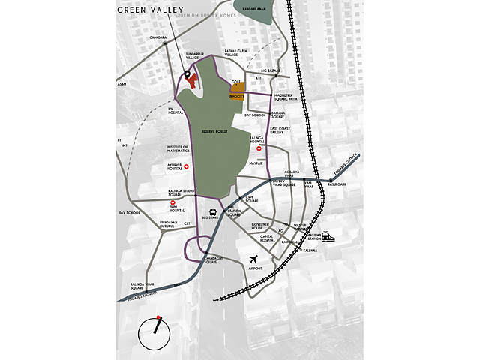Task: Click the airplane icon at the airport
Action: click(256, 260)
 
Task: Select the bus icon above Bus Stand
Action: click(212, 212)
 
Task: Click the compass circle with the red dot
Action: click(156, 331)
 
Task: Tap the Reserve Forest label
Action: click(214, 131)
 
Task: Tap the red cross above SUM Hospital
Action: click(172, 203)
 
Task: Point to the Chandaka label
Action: click(157, 37)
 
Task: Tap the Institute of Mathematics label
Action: click(180, 149)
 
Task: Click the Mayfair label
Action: click(256, 161)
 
